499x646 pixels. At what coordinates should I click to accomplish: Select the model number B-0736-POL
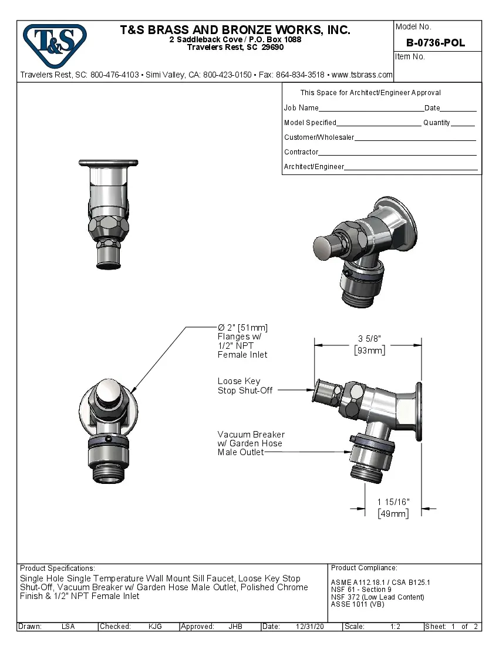tap(435, 43)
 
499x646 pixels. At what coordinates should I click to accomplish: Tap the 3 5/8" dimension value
tap(370, 339)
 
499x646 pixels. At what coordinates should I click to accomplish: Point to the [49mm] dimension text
tap(393, 513)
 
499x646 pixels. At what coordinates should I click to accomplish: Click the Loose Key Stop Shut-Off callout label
tap(245, 386)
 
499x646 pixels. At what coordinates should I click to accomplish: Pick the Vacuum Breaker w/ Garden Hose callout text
tap(251, 443)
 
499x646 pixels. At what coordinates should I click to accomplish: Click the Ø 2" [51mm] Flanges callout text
tap(242, 341)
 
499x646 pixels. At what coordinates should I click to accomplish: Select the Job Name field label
tap(301, 108)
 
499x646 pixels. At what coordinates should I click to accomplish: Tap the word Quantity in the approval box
tap(436, 123)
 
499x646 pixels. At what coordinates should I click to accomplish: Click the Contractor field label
tap(301, 152)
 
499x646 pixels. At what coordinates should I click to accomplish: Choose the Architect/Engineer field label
tap(314, 167)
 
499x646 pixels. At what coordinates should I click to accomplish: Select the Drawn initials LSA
tap(68, 627)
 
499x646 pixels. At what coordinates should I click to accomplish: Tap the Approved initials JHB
tap(235, 627)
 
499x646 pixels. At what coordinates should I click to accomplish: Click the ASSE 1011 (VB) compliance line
tap(358, 604)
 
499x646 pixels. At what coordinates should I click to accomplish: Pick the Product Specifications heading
tap(57, 568)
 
